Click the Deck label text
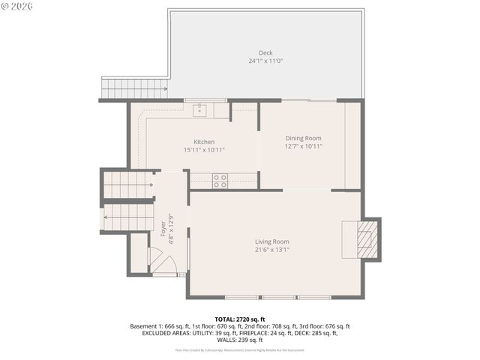265,52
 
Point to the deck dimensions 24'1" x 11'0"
265,61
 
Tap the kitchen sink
200,111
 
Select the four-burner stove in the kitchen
220,180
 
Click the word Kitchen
204,142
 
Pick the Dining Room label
303,138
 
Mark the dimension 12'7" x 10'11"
303,146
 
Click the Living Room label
271,241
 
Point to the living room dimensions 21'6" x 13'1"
271,250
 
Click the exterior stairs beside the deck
133,88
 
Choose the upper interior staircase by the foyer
128,184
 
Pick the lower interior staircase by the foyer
128,217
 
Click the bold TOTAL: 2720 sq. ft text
240,319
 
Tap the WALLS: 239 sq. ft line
240,340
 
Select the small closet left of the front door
139,253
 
